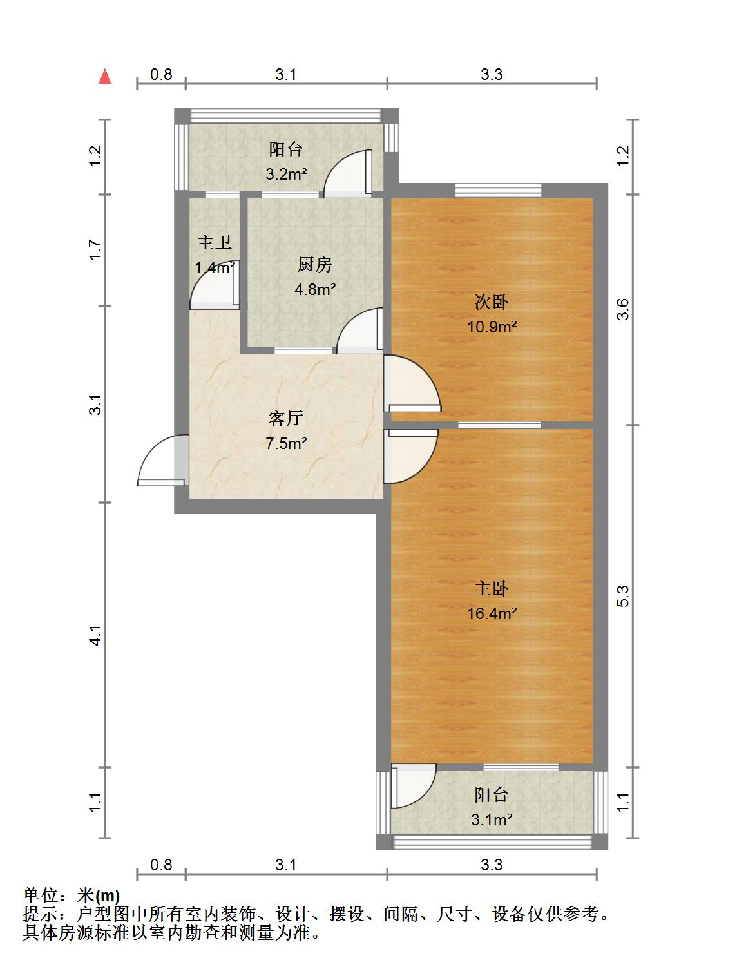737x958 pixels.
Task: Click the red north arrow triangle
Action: (105, 76)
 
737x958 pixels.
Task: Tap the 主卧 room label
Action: (491, 589)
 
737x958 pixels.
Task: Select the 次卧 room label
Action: (491, 302)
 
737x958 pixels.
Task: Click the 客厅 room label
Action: (285, 418)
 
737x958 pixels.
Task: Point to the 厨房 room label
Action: (315, 265)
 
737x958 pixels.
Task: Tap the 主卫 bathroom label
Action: (215, 242)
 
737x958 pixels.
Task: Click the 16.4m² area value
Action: (492, 613)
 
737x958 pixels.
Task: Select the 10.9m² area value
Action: (492, 327)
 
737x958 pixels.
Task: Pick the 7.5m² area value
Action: (286, 443)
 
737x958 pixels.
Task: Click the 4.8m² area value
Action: (315, 289)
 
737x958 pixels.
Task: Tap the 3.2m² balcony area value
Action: (286, 174)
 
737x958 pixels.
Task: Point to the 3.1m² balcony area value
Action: (492, 819)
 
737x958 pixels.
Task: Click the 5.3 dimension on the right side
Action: (623, 597)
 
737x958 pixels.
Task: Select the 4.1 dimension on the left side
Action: (95, 635)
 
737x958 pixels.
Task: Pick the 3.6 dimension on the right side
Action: (623, 309)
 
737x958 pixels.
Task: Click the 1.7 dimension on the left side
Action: (95, 249)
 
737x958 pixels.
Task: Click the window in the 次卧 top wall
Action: (498, 190)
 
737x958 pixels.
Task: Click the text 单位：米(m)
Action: (72, 896)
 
